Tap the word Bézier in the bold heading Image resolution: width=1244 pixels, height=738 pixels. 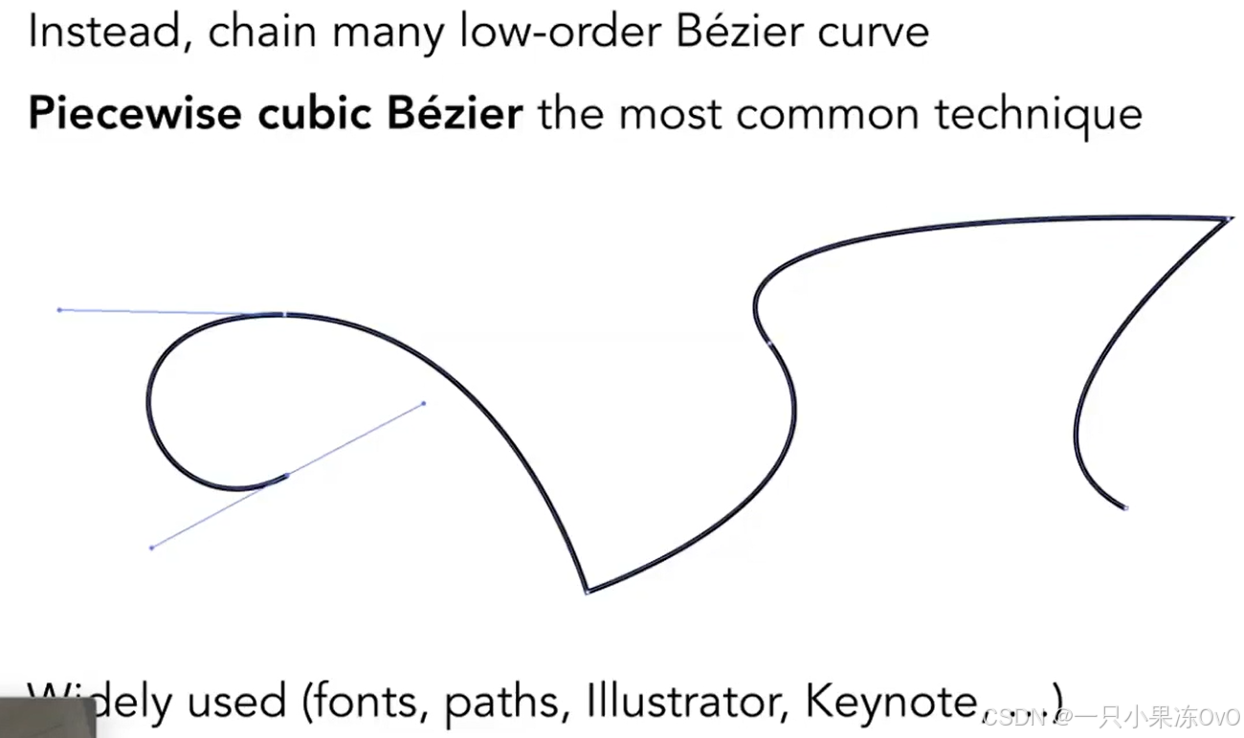(x=455, y=115)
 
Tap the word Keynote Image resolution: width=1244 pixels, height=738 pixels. (x=891, y=702)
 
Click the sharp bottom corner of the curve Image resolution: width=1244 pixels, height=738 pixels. (x=588, y=592)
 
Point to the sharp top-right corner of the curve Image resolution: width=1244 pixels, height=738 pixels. (x=1228, y=219)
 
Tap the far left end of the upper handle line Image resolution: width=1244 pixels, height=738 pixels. (x=59, y=309)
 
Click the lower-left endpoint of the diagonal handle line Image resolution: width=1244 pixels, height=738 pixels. (x=151, y=548)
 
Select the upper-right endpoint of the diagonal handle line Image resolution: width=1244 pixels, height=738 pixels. (x=424, y=403)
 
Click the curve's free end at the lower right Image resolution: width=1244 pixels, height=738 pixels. (x=1125, y=507)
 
